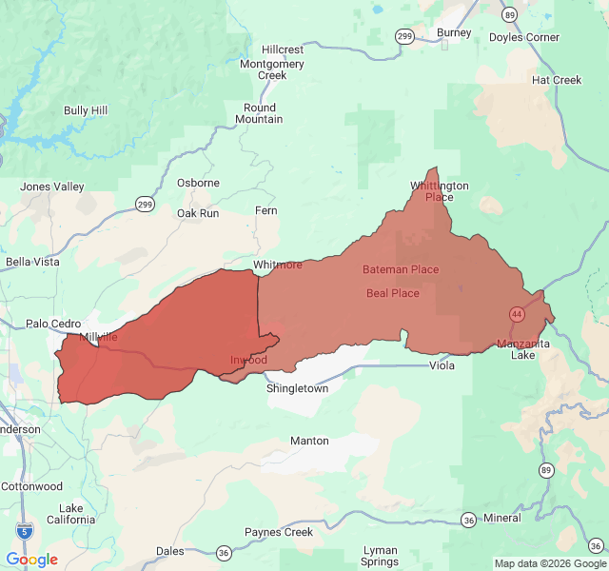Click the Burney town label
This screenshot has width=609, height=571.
[454, 33]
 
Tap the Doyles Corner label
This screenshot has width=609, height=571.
[524, 38]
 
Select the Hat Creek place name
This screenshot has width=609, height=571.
[557, 81]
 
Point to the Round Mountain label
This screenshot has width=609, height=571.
[260, 113]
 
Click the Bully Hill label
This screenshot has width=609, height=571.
[86, 111]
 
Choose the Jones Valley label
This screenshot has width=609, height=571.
[52, 187]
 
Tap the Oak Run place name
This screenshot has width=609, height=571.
[198, 213]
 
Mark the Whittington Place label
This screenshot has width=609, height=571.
[440, 191]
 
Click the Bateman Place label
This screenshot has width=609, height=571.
[401, 269]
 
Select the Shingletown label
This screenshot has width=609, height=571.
[297, 389]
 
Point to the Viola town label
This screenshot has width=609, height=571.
[442, 365]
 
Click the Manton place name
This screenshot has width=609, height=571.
[309, 441]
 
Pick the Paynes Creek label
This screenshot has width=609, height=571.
[279, 532]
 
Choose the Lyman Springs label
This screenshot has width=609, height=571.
[380, 556]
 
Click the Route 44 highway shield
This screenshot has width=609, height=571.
[517, 313]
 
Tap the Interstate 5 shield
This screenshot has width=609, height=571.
[22, 529]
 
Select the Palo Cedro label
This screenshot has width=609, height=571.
[53, 324]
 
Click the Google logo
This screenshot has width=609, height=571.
[32, 560]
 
